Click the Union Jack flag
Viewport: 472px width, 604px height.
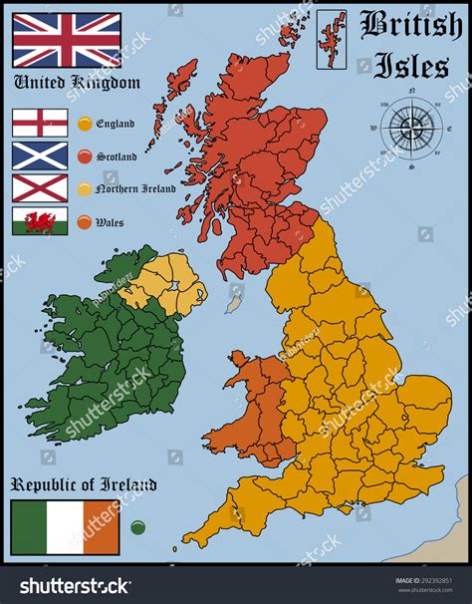tap(66, 40)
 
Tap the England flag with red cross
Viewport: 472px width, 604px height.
tap(40, 123)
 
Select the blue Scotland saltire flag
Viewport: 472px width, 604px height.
tap(40, 154)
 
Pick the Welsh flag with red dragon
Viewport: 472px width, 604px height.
tap(40, 220)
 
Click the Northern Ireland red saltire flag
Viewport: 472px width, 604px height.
tap(40, 187)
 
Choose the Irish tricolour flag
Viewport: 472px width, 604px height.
tap(65, 527)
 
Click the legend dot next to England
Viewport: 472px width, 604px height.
tap(85, 124)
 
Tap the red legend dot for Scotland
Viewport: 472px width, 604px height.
tap(85, 156)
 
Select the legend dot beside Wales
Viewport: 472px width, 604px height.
tap(85, 222)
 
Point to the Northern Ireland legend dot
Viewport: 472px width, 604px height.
tap(85, 189)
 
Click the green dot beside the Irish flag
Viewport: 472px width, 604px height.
tap(137, 527)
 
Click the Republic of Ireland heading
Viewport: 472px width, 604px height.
tap(84, 485)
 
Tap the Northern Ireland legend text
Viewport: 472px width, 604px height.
tap(136, 189)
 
